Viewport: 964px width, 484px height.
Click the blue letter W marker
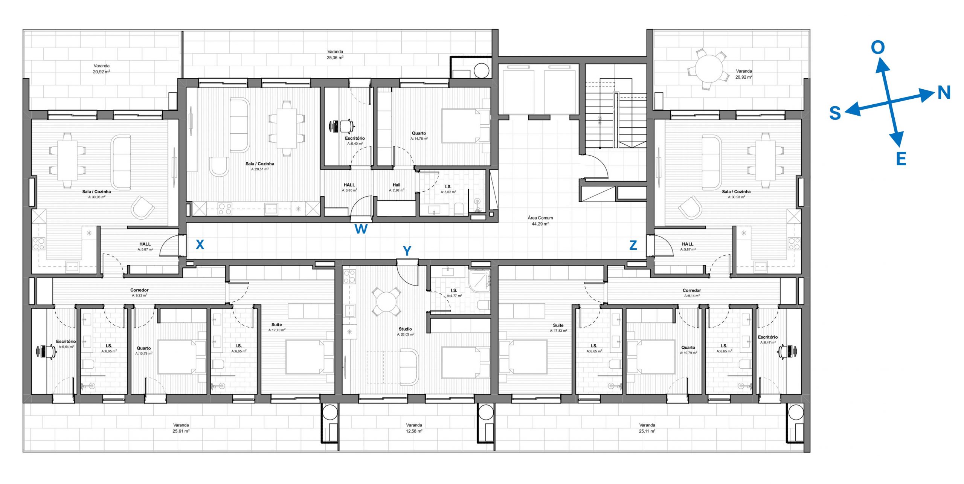coord(361,229)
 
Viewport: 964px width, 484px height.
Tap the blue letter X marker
coord(200,245)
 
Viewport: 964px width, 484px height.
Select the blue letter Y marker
coord(407,251)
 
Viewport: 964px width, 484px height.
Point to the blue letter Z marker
coord(633,246)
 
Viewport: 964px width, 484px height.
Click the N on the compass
coord(944,93)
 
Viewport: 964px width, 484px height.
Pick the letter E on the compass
coord(901,159)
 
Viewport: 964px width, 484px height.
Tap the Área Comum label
coord(540,221)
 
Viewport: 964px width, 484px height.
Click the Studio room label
coord(406,331)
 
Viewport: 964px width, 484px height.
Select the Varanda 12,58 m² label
coord(414,428)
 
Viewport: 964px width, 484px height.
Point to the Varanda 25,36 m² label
coord(335,55)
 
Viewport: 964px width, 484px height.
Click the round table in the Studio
coord(386,302)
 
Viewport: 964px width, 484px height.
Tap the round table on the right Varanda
coord(709,69)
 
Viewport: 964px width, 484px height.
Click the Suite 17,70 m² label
coord(277,327)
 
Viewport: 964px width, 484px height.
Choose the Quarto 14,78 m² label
coord(419,136)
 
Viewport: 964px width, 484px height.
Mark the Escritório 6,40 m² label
coord(355,141)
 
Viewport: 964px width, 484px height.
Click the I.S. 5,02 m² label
coord(448,189)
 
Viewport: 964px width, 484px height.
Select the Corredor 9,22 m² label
coord(139,293)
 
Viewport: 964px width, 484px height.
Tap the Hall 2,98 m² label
coord(397,188)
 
